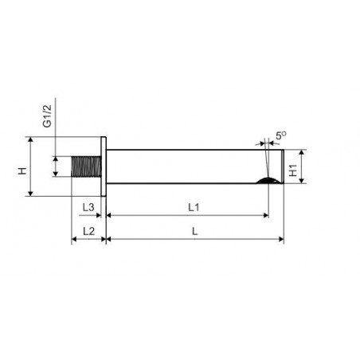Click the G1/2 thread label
[x=47, y=115]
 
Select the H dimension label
[x=22, y=170]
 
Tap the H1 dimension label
[x=293, y=170]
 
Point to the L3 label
[x=88, y=207]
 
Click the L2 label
[x=89, y=231]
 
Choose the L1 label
[x=194, y=207]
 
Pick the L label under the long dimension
[x=195, y=231]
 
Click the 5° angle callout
[x=281, y=135]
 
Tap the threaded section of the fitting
[x=86, y=166]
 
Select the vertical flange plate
[x=104, y=166]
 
